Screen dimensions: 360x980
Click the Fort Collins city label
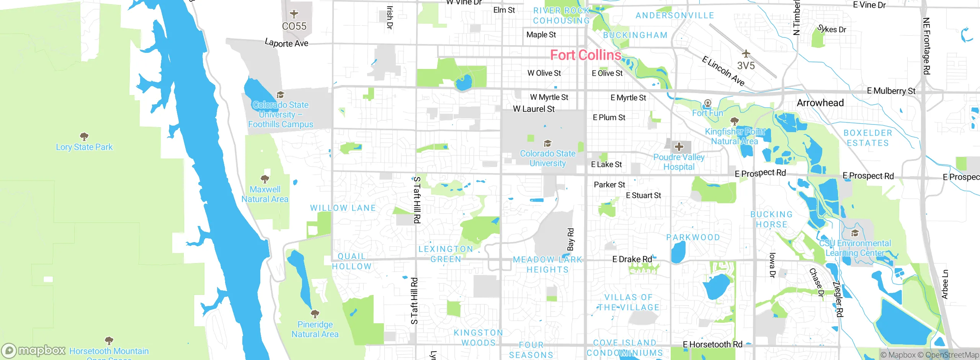pos(585,55)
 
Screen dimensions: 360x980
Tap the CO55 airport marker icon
pos(294,14)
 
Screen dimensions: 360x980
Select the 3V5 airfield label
pos(746,65)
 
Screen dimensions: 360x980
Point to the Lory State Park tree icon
pos(84,136)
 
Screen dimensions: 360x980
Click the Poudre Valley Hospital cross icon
pos(679,147)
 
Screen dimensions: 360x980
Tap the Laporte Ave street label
pos(286,43)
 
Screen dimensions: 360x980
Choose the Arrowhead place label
pos(820,103)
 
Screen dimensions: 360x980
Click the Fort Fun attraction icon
pos(707,103)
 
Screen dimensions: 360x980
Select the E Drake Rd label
pos(632,259)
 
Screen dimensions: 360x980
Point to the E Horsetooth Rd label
pos(712,344)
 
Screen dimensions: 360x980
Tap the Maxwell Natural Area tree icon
pos(265,179)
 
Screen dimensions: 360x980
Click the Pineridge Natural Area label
pos(315,329)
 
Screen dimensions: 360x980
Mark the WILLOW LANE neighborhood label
pos(343,208)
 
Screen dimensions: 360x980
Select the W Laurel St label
pos(534,109)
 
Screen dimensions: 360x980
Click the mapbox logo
pos(34,350)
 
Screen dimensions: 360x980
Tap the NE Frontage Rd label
pos(926,46)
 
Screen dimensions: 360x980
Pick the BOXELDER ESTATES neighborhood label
pos(867,138)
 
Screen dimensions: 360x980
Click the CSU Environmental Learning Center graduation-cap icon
pos(854,233)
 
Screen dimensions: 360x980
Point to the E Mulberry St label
pos(891,91)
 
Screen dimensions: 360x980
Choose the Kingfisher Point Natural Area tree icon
pos(734,121)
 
